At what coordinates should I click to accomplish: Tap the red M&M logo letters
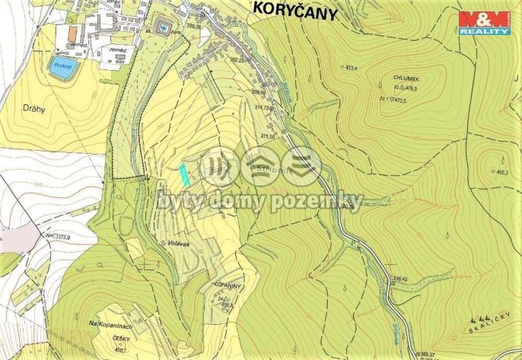coord(485,18)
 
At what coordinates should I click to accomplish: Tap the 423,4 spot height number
coord(351,68)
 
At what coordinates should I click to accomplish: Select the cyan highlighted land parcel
coord(185,174)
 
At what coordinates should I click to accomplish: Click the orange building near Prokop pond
coord(72,35)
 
